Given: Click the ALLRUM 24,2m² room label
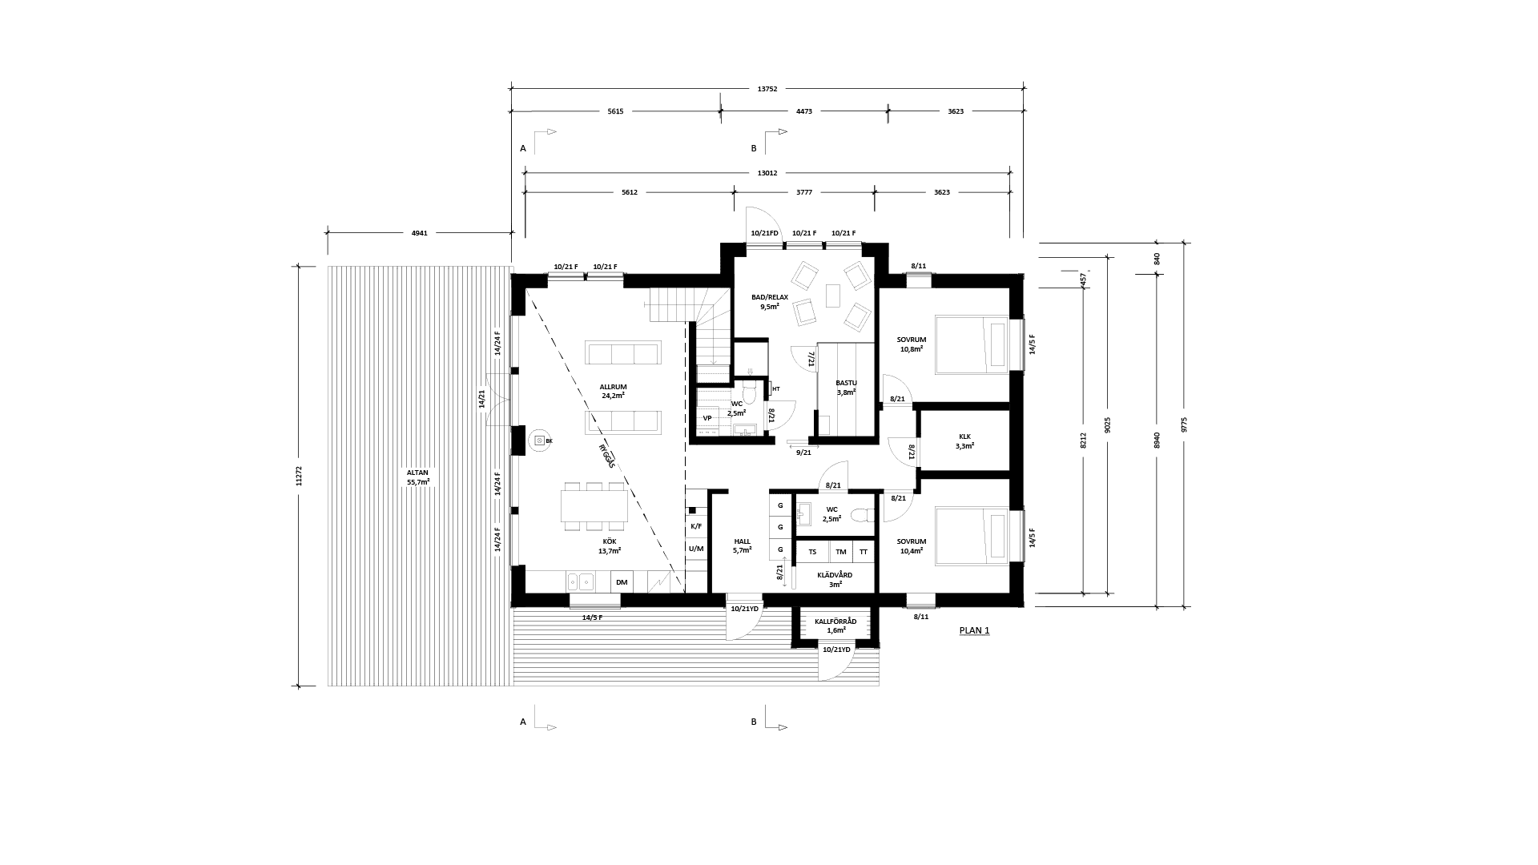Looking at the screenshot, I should coord(613,391).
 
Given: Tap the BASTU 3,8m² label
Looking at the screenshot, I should coord(846,388).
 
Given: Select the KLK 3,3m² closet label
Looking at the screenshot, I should coord(964,441).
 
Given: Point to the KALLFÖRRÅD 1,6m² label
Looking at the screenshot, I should coord(835,626).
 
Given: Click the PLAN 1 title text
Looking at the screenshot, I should coord(974,630).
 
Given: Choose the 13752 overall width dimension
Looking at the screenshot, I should coord(767,89).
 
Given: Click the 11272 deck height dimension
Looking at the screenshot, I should coord(300,477).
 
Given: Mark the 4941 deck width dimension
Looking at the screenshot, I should coord(419,233).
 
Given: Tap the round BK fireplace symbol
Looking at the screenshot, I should coord(539,441).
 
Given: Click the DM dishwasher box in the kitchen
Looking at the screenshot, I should coord(622,582).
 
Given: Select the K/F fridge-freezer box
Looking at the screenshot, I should coord(695,526).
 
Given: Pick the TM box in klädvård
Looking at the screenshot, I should coord(840,552).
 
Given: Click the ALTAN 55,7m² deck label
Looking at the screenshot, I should coord(417,477).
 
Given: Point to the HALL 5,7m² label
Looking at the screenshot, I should coord(742,545).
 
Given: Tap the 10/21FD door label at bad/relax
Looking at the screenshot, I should coord(764,233).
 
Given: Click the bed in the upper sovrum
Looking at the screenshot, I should coord(972,344).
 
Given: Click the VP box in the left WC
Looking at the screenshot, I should coord(707,418).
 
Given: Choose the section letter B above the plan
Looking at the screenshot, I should coord(753,148).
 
